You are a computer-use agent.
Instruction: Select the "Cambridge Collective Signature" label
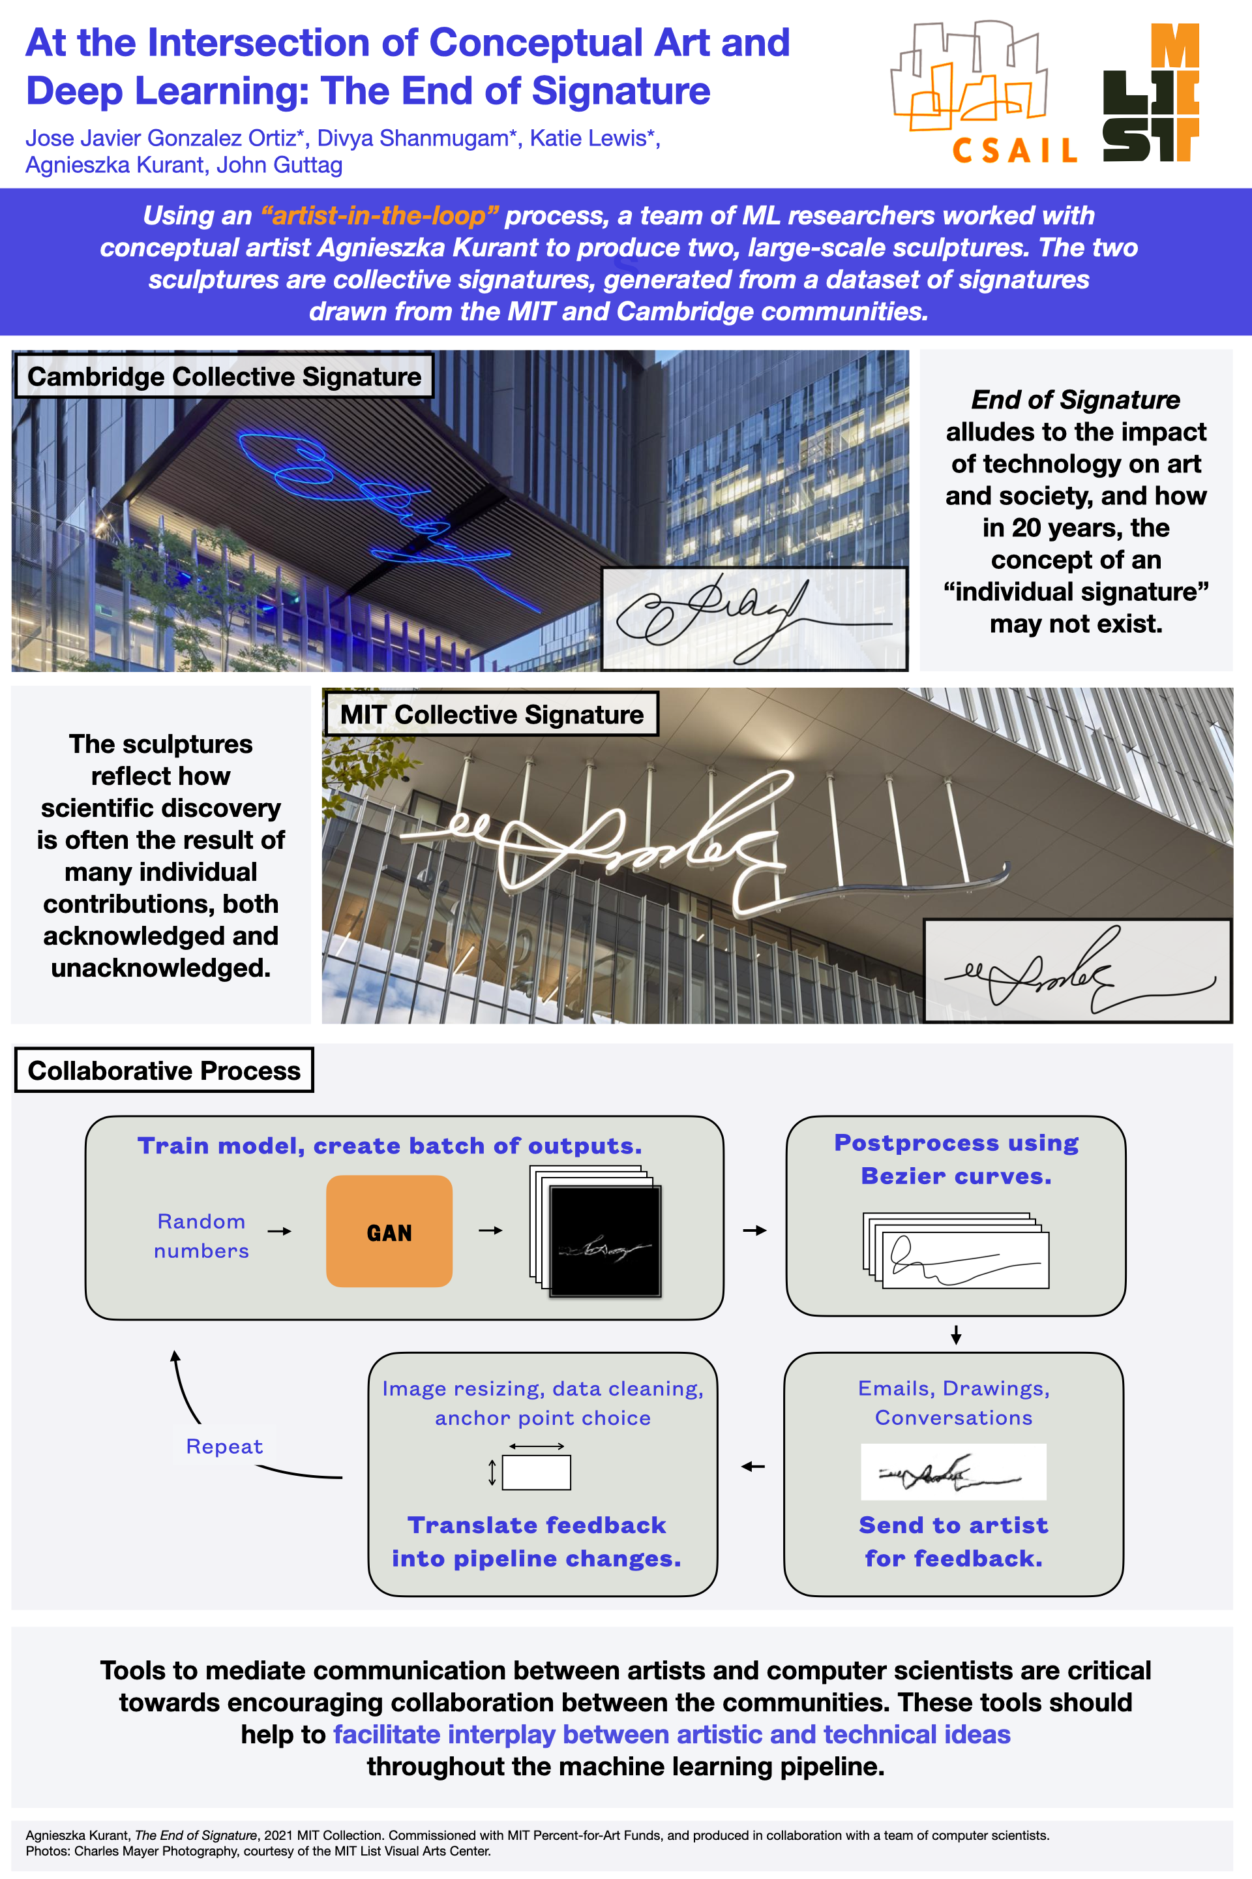[x=224, y=376]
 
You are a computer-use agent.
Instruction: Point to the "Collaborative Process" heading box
[x=164, y=1071]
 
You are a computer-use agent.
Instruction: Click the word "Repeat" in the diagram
[x=224, y=1446]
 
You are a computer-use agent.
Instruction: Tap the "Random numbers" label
[x=201, y=1236]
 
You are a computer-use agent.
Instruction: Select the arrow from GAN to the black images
[x=490, y=1230]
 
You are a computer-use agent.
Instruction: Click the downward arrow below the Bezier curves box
[x=956, y=1334]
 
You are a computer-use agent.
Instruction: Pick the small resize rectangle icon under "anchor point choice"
[x=537, y=1473]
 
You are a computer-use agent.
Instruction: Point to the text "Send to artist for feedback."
[x=953, y=1541]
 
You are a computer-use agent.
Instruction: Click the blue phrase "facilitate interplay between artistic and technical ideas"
[x=672, y=1734]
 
